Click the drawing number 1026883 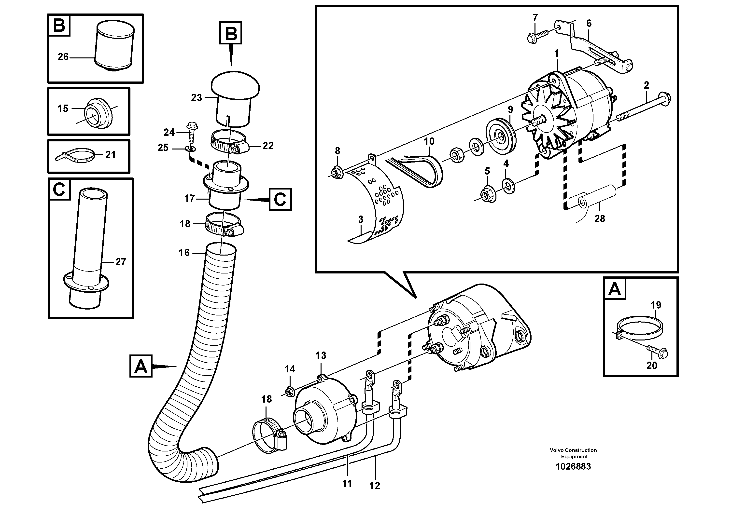pyautogui.click(x=573, y=466)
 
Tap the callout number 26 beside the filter pyautogui.click(x=63, y=57)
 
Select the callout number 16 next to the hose pyautogui.click(x=184, y=253)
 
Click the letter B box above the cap pyautogui.click(x=230, y=33)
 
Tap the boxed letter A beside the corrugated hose pyautogui.click(x=141, y=367)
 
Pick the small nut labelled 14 pyautogui.click(x=290, y=391)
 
